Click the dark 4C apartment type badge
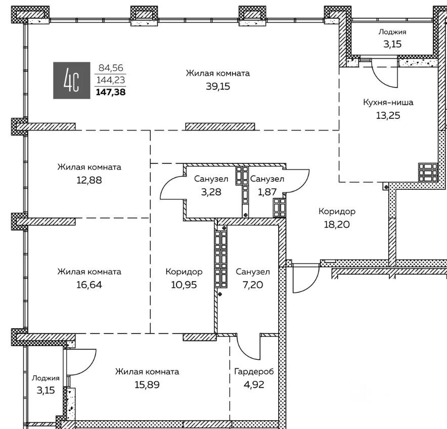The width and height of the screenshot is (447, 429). pos(72,80)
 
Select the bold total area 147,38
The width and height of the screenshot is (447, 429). pos(111,92)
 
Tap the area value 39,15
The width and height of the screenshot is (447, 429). pos(218,86)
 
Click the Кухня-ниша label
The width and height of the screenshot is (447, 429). pos(388,102)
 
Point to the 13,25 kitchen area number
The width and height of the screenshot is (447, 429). pos(388,115)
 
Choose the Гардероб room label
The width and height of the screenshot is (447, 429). pos(254,371)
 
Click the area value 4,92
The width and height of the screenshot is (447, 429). pos(254,385)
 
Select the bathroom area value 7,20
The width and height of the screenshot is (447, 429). pos(253,285)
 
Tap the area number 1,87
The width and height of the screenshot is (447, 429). pos(267,192)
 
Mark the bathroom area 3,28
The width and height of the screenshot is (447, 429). pos(211,192)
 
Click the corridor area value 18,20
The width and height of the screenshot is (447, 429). pos(337,225)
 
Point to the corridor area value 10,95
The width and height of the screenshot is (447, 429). pos(184,285)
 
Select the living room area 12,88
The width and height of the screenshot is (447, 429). pos(89,180)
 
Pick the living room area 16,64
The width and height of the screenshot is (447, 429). pos(89,285)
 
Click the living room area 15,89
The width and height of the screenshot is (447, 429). pos(147,385)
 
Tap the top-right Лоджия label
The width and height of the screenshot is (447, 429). pos(392,32)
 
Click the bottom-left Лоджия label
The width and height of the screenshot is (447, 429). pos(46,378)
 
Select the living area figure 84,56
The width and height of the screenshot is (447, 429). pos(111,68)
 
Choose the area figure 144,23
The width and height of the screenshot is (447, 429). pos(111,80)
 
